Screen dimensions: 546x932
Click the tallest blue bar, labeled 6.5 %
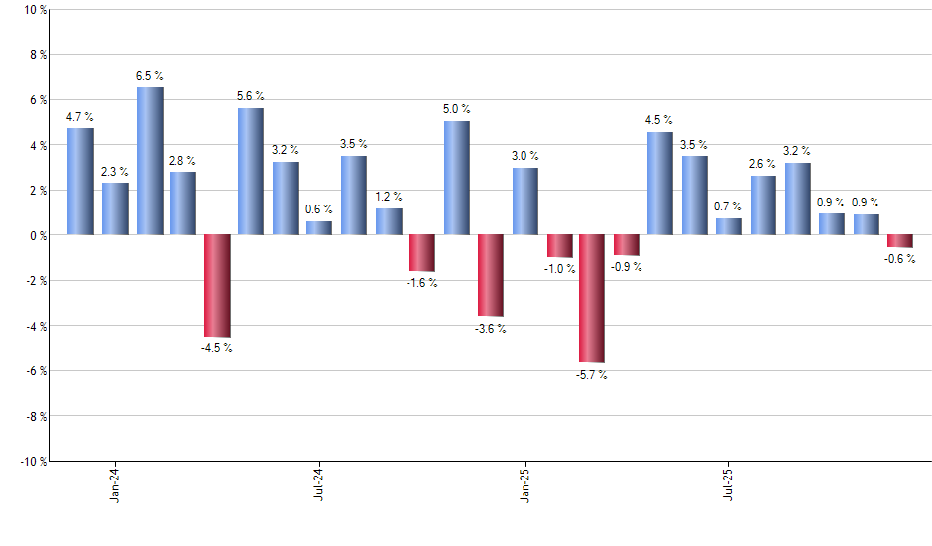click(x=150, y=161)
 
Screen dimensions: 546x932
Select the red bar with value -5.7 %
click(x=592, y=298)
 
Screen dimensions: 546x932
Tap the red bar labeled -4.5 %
click(x=217, y=285)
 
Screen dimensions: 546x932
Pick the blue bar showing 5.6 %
click(x=251, y=171)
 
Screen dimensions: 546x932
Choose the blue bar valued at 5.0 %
click(x=457, y=178)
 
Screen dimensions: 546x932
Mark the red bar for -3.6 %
click(x=491, y=275)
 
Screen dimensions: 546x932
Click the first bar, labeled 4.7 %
click(x=80, y=182)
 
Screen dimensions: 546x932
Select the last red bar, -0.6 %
click(x=900, y=241)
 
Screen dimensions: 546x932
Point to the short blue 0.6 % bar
click(x=319, y=228)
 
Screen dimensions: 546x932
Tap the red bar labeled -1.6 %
click(x=422, y=252)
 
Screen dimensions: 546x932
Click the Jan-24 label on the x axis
click(x=116, y=482)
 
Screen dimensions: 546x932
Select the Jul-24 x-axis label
click(x=320, y=482)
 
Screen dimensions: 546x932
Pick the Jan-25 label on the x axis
click(x=525, y=482)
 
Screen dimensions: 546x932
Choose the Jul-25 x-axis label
click(x=730, y=482)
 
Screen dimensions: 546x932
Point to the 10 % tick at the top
click(x=33, y=10)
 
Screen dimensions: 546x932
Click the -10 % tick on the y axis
click(x=31, y=461)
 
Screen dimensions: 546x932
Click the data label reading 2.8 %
click(x=182, y=161)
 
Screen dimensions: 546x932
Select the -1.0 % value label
click(x=559, y=269)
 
